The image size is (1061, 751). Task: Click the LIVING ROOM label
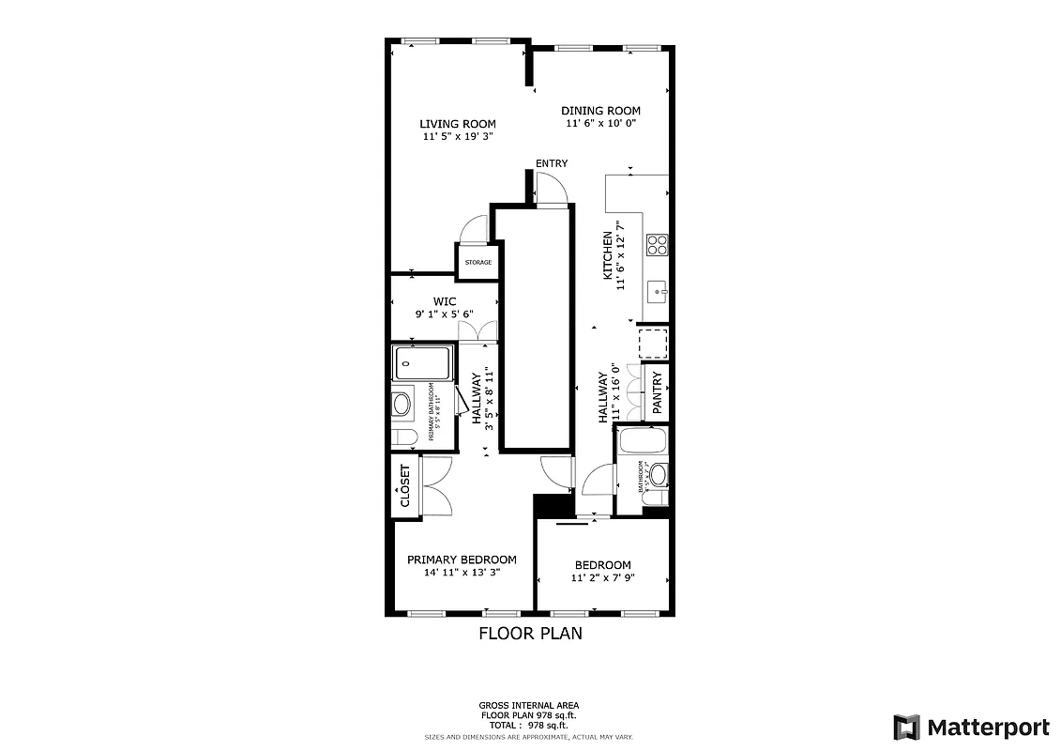tap(457, 124)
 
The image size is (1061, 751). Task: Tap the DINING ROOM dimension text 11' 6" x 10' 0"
tap(600, 124)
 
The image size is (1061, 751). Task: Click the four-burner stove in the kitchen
tap(657, 245)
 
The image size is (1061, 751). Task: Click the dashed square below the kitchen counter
tap(653, 344)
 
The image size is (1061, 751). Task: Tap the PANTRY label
tap(657, 392)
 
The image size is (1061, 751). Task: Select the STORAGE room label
tap(477, 262)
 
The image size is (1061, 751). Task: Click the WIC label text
tap(445, 301)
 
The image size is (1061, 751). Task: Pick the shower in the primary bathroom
tap(423, 360)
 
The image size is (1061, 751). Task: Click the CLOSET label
tap(405, 485)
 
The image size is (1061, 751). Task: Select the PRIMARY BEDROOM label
tap(462, 559)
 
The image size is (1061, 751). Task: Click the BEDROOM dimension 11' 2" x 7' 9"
tap(601, 579)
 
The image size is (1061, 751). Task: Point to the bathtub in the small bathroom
tap(643, 440)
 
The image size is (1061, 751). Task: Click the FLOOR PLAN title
tap(530, 634)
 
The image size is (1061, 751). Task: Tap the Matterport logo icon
tap(906, 727)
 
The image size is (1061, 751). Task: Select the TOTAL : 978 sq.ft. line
tap(530, 726)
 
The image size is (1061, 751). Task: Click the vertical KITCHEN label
tap(608, 255)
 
